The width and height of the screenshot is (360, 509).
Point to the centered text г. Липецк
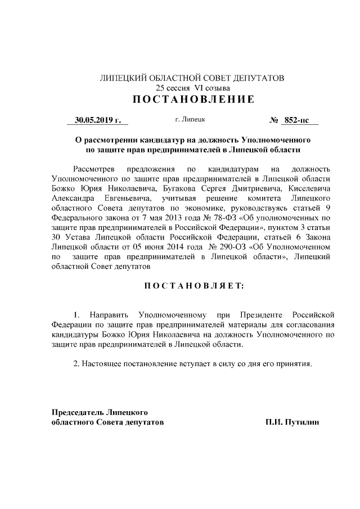coord(190,120)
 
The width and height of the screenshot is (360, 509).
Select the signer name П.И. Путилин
coord(293,421)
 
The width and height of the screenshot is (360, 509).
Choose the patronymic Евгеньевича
coord(126,199)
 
